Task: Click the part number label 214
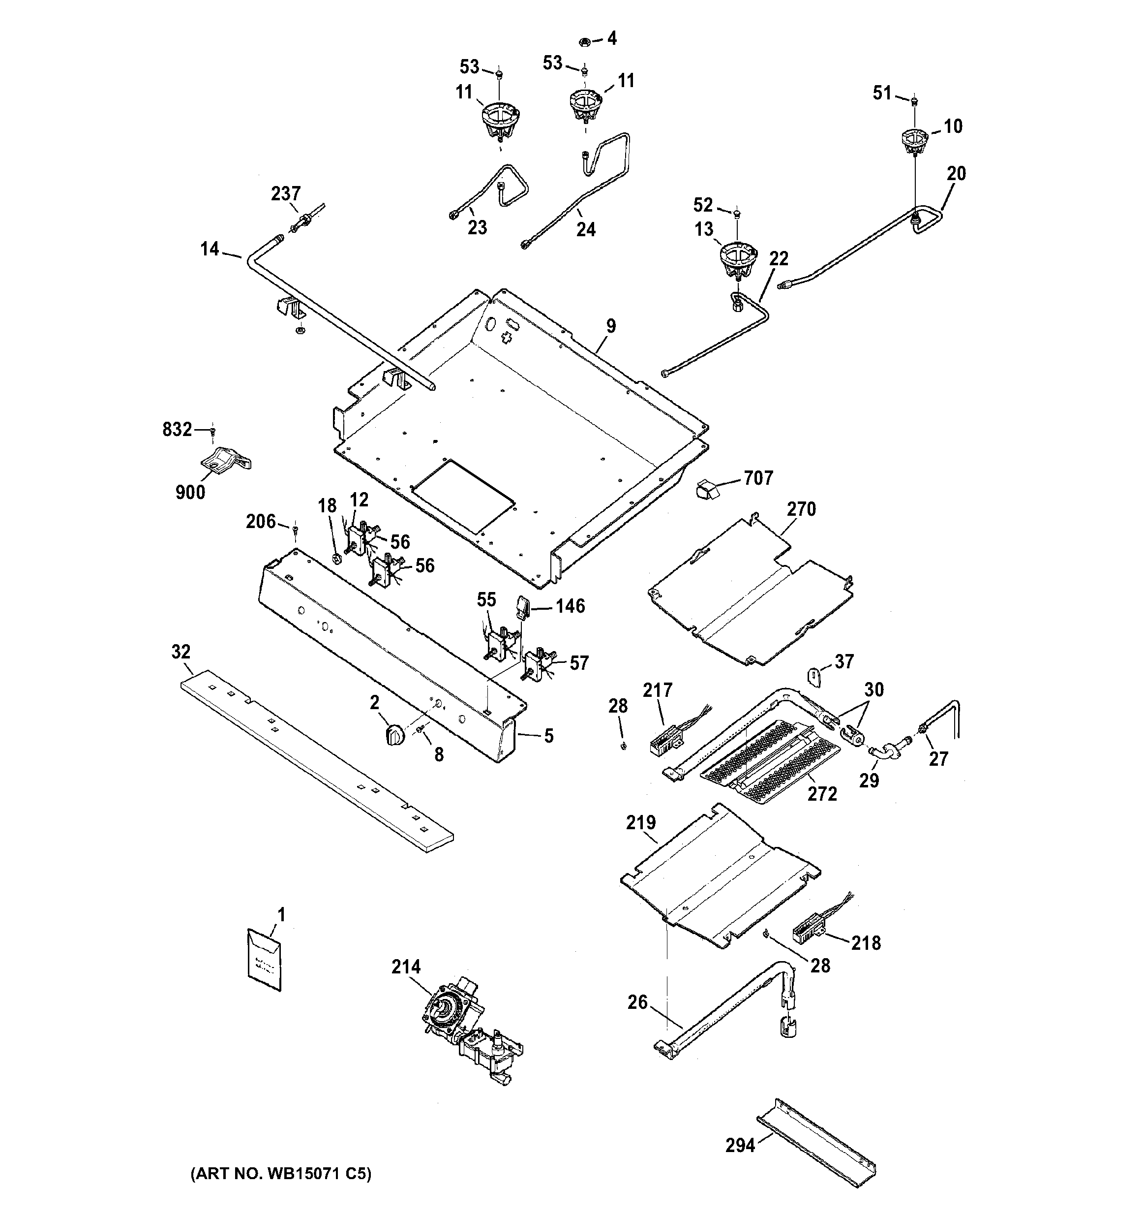tap(406, 968)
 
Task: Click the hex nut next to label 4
tap(584, 42)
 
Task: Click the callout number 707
tap(758, 478)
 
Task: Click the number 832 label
tap(177, 430)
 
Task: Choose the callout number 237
tap(286, 194)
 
